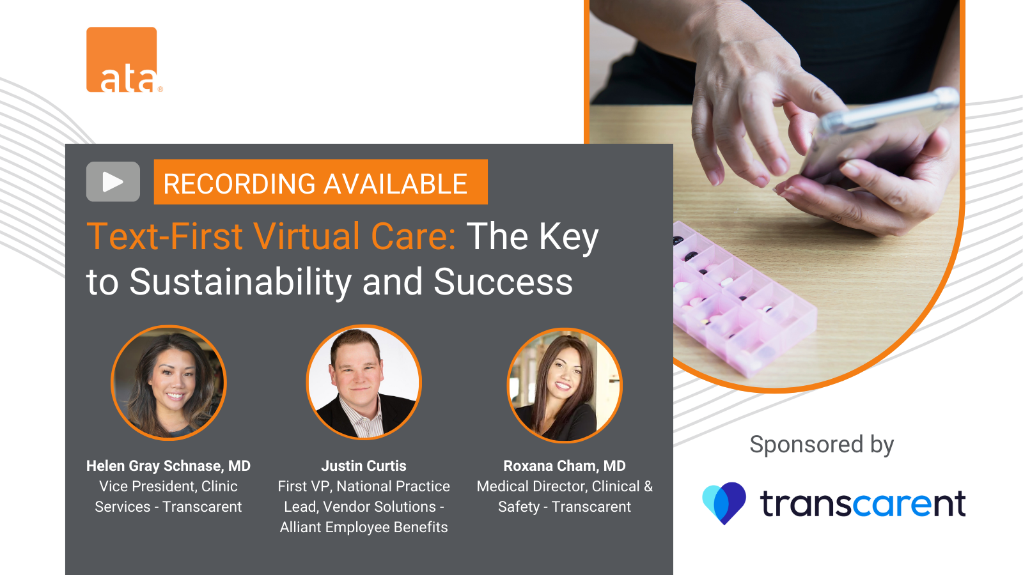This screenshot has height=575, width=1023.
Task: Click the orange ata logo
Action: click(122, 60)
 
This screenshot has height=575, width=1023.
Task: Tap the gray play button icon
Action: click(113, 181)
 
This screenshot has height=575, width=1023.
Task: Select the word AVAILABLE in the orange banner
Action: click(396, 183)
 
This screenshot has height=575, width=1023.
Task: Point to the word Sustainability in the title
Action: click(240, 282)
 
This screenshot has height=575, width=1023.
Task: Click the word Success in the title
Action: click(503, 282)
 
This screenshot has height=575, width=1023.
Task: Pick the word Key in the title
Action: click(568, 237)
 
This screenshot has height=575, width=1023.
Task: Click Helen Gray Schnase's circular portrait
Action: click(169, 383)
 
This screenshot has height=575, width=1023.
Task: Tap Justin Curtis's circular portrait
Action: click(364, 383)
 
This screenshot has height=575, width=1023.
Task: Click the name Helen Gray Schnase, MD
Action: click(169, 466)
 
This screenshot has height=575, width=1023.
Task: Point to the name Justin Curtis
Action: click(364, 466)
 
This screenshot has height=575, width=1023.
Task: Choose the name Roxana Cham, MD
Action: click(565, 466)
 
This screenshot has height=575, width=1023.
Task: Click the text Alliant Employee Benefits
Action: click(364, 527)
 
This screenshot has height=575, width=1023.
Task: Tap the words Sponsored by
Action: click(822, 445)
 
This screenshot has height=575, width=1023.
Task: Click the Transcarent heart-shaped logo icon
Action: click(724, 503)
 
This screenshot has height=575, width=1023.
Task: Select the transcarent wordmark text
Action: click(863, 504)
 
